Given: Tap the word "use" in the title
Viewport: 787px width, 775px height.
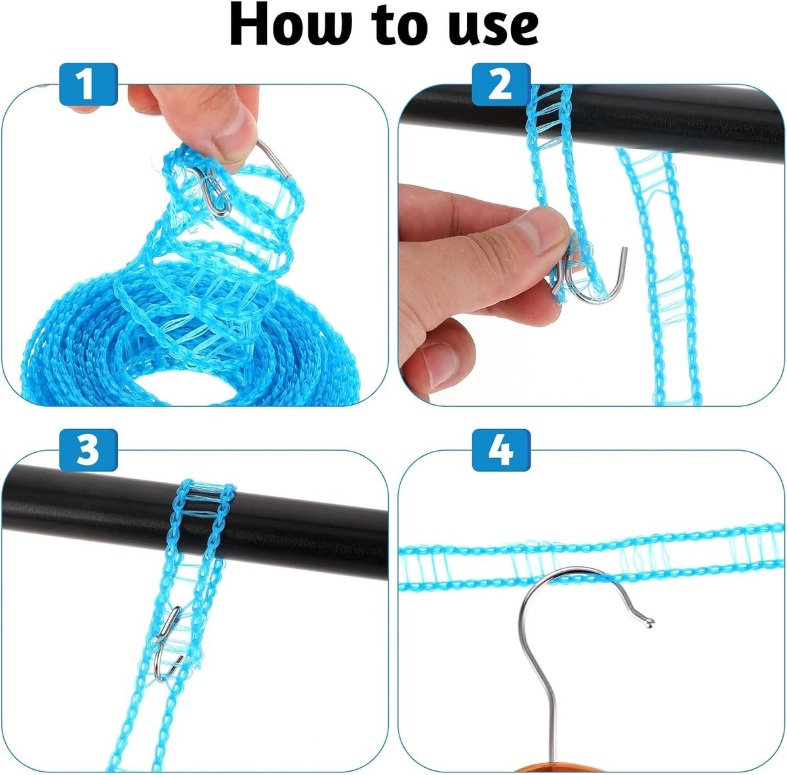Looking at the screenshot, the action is point(496,28).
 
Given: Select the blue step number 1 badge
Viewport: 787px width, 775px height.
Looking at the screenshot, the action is point(88,84).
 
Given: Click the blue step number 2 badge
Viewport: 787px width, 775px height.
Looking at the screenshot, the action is point(501,84).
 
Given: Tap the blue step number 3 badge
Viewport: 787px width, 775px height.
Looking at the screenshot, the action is point(88,450).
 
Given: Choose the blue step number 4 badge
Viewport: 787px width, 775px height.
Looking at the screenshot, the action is point(501,450).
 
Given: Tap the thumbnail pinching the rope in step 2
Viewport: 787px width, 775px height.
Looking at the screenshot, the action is point(545,233).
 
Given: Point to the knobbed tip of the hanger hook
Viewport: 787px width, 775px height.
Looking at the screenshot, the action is point(649,623).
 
